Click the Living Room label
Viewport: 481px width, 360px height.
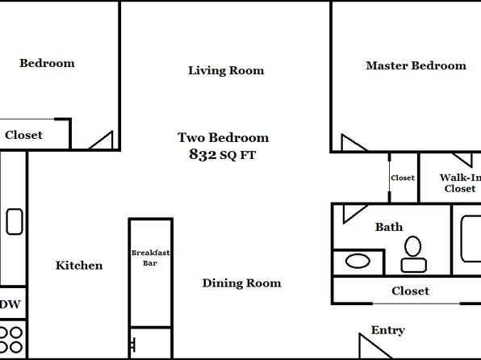point(226,70)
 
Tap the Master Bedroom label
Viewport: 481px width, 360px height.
point(416,65)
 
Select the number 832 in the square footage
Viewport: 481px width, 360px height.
point(203,154)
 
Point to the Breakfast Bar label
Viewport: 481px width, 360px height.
point(150,257)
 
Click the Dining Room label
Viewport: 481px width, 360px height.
point(242,283)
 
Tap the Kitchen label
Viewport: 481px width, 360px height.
point(79,266)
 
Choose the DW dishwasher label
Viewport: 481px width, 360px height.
point(10,304)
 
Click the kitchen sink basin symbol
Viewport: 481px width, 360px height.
point(15,222)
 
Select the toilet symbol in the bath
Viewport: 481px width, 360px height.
point(413,254)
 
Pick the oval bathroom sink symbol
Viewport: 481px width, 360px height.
point(358,262)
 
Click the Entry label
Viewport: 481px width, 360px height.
point(387,330)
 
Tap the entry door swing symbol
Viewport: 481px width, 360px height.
point(375,345)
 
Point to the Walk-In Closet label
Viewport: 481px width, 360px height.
point(460,183)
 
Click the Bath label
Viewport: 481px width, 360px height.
point(389,227)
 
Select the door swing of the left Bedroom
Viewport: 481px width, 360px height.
point(101,140)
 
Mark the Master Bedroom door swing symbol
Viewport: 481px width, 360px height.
point(353,143)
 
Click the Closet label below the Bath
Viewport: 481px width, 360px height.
point(410,291)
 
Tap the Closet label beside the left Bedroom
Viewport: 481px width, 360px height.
point(23,135)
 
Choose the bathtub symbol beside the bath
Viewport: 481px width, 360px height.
point(471,239)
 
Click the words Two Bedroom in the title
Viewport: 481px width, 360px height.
point(224,137)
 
